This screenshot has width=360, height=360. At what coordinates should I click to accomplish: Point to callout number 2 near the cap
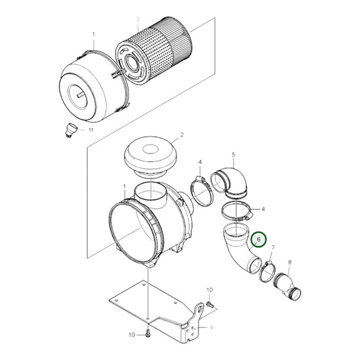coord(180,136)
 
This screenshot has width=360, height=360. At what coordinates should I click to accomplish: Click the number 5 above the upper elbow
coord(233,155)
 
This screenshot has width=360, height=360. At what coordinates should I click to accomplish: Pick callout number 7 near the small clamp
coord(272,249)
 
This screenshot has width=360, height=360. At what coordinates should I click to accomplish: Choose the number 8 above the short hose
coord(290,261)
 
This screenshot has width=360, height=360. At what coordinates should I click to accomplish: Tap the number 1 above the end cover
coord(94,33)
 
